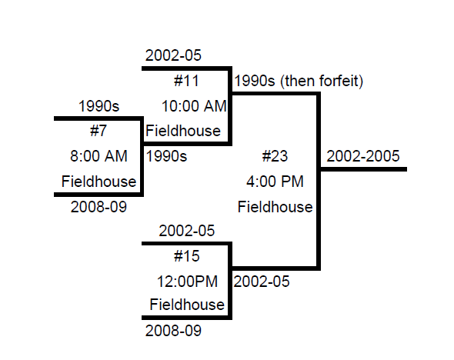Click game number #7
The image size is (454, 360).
[98, 131]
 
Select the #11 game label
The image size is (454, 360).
[186, 81]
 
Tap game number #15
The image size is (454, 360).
[187, 256]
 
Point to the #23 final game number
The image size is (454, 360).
[275, 156]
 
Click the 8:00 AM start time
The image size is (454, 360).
[98, 156]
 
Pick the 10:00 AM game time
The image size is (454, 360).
[194, 106]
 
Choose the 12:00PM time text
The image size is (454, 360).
[187, 282]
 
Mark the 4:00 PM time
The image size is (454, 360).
[275, 182]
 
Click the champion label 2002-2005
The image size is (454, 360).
[363, 156]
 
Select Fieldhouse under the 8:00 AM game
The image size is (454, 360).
[98, 182]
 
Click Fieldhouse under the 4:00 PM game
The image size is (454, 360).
[275, 207]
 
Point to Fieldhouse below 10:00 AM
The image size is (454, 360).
[183, 131]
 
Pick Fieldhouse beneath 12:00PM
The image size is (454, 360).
[187, 305]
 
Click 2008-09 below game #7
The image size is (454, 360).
[98, 207]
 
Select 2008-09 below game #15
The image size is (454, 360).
[173, 331]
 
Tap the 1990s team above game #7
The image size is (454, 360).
[98, 106]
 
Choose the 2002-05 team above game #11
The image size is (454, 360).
[173, 55]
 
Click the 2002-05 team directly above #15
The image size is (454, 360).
[187, 231]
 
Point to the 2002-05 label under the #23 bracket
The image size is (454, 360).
[262, 282]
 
